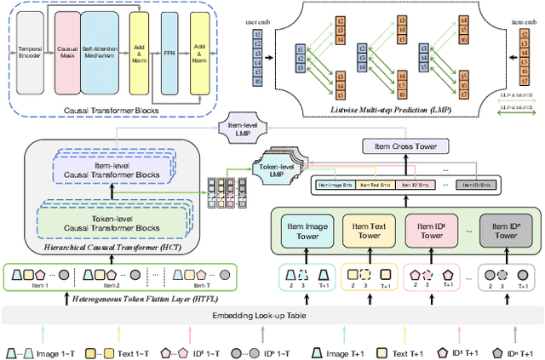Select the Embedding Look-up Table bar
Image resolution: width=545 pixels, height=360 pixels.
[x=272, y=315]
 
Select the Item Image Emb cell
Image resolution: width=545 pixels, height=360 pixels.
[x=336, y=185]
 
